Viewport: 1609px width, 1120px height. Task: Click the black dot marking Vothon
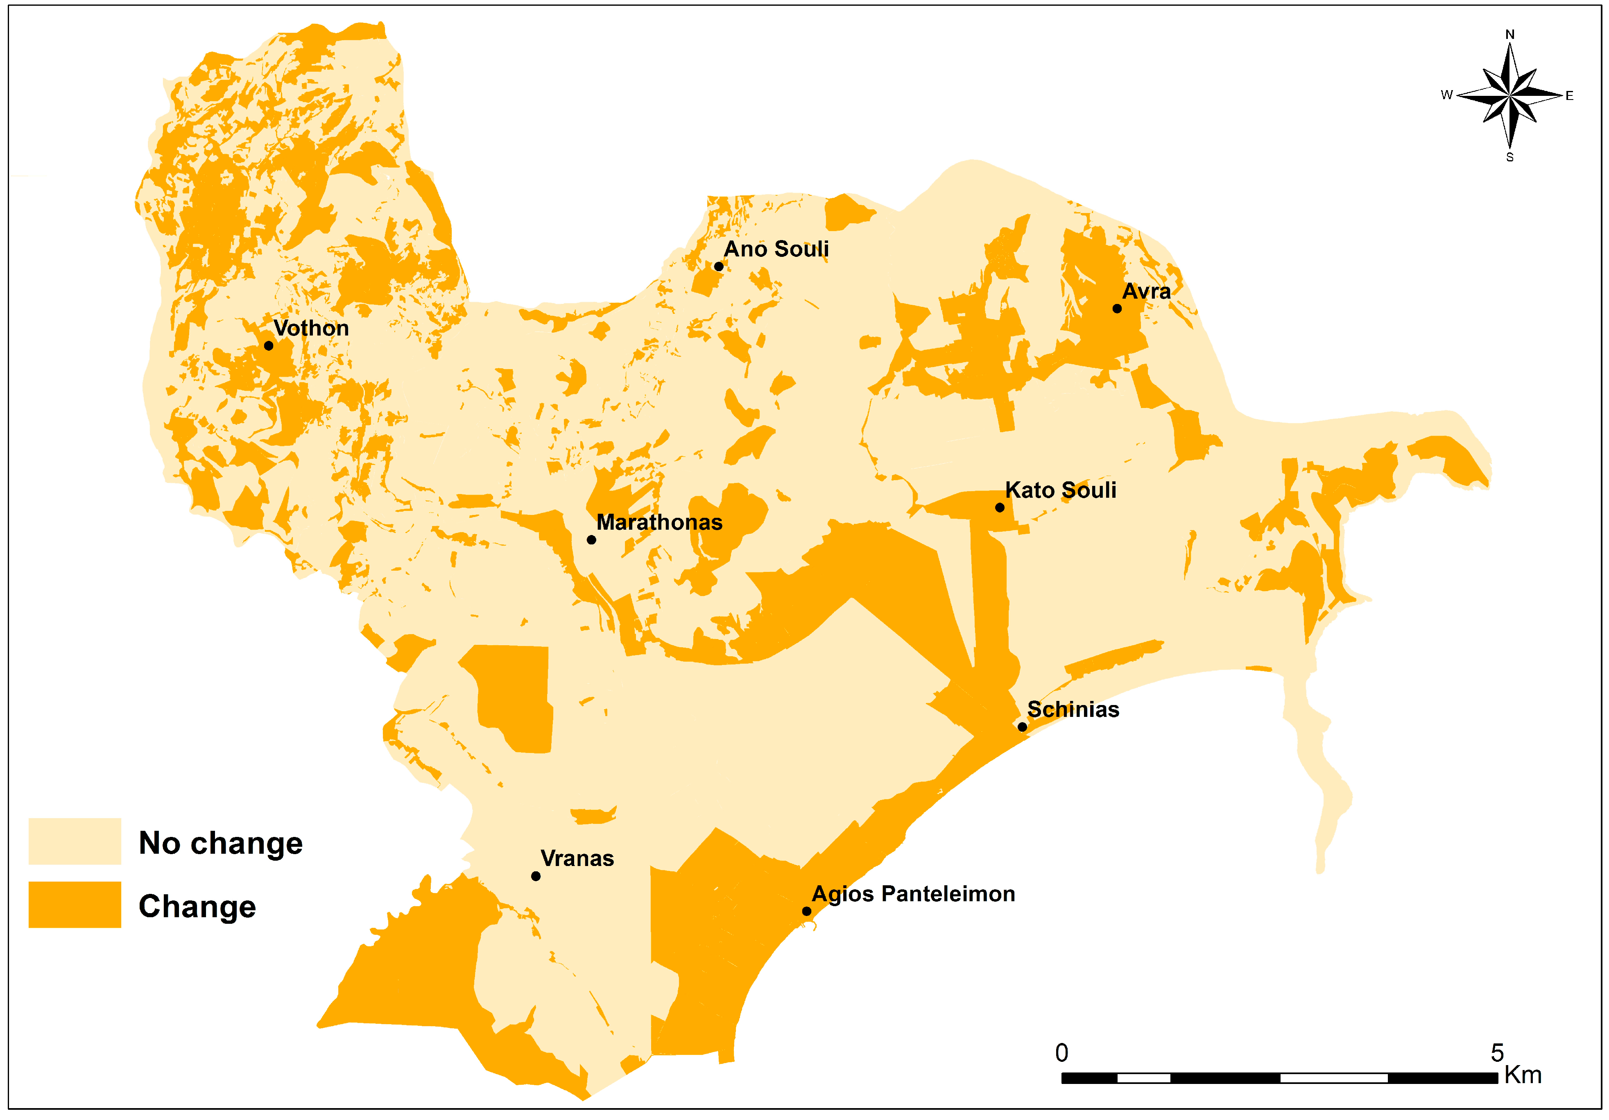pos(268,345)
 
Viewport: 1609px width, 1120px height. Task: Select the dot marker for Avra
pos(1117,308)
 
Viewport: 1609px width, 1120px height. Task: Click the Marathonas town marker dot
pos(591,540)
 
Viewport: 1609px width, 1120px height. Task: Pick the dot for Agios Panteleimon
pos(807,911)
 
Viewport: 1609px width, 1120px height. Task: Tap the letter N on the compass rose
pos(1510,34)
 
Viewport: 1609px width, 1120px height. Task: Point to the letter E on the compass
pos(1570,96)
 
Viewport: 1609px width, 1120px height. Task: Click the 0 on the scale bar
pos(1062,1053)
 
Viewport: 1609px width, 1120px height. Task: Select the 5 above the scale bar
pos(1497,1053)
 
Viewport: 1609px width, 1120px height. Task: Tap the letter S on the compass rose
pos(1510,158)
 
